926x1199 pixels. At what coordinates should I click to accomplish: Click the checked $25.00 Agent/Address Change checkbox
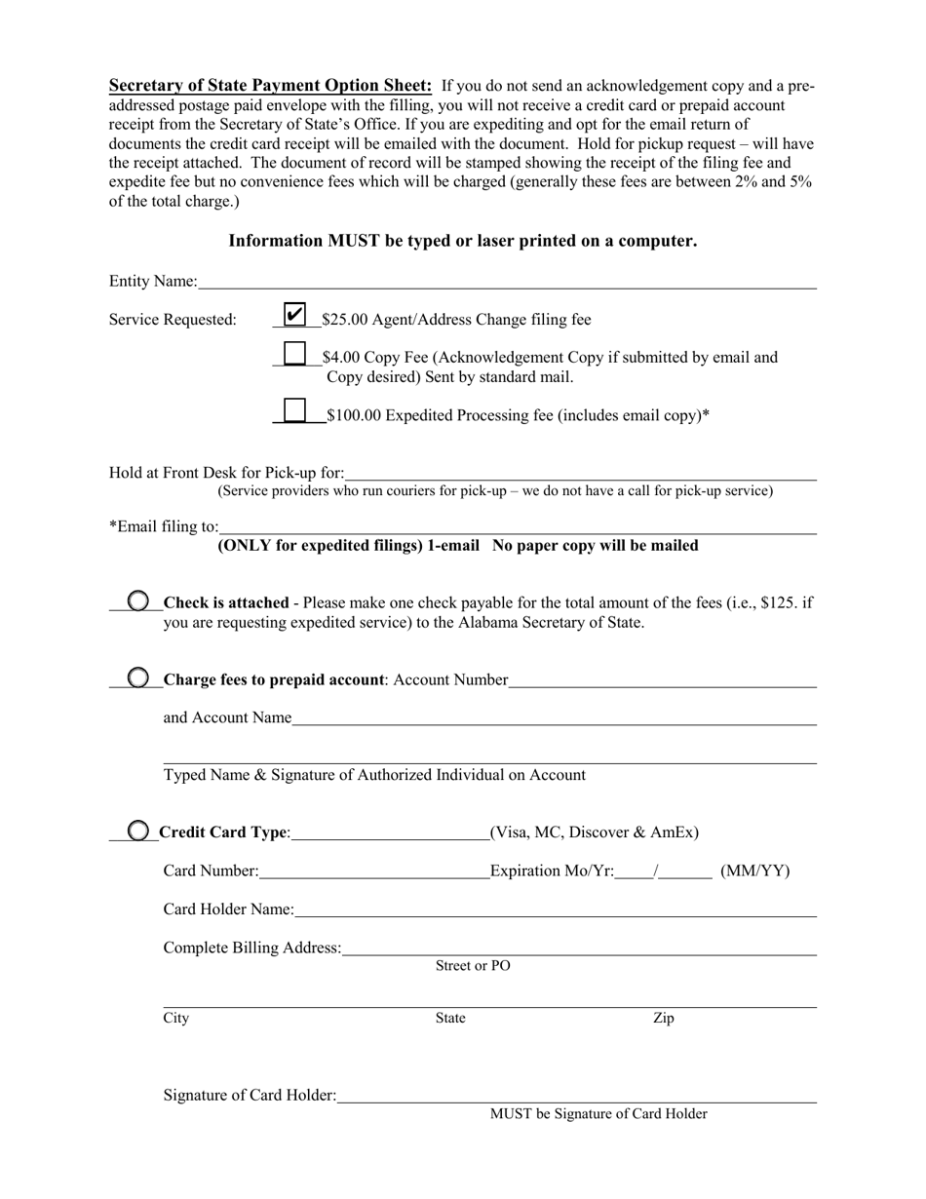(294, 315)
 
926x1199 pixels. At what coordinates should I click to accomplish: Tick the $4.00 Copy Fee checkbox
(294, 354)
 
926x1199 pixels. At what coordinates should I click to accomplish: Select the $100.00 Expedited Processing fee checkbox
(294, 411)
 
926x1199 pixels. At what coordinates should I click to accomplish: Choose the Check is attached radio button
(139, 600)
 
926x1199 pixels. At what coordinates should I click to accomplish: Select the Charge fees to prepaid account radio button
(139, 677)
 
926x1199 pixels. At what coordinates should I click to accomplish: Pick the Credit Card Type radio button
(139, 831)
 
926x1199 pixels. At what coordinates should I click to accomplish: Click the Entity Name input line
(507, 283)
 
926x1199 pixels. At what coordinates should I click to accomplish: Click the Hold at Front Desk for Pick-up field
(580, 474)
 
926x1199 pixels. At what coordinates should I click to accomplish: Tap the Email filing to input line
(517, 527)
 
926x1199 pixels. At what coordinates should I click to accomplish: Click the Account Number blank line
(662, 680)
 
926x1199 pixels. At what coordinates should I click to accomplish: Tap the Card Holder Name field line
(555, 910)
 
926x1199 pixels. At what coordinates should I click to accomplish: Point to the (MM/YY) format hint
(754, 870)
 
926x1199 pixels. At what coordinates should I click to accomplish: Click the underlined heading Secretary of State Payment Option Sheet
(271, 85)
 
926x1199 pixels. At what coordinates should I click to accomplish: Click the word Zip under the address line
(663, 1019)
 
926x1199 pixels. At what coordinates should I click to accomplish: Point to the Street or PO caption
(473, 966)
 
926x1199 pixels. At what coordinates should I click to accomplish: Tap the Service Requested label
(173, 320)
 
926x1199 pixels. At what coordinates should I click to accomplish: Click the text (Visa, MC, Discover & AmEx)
(595, 832)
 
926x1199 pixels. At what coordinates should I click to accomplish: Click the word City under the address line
(176, 1019)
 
